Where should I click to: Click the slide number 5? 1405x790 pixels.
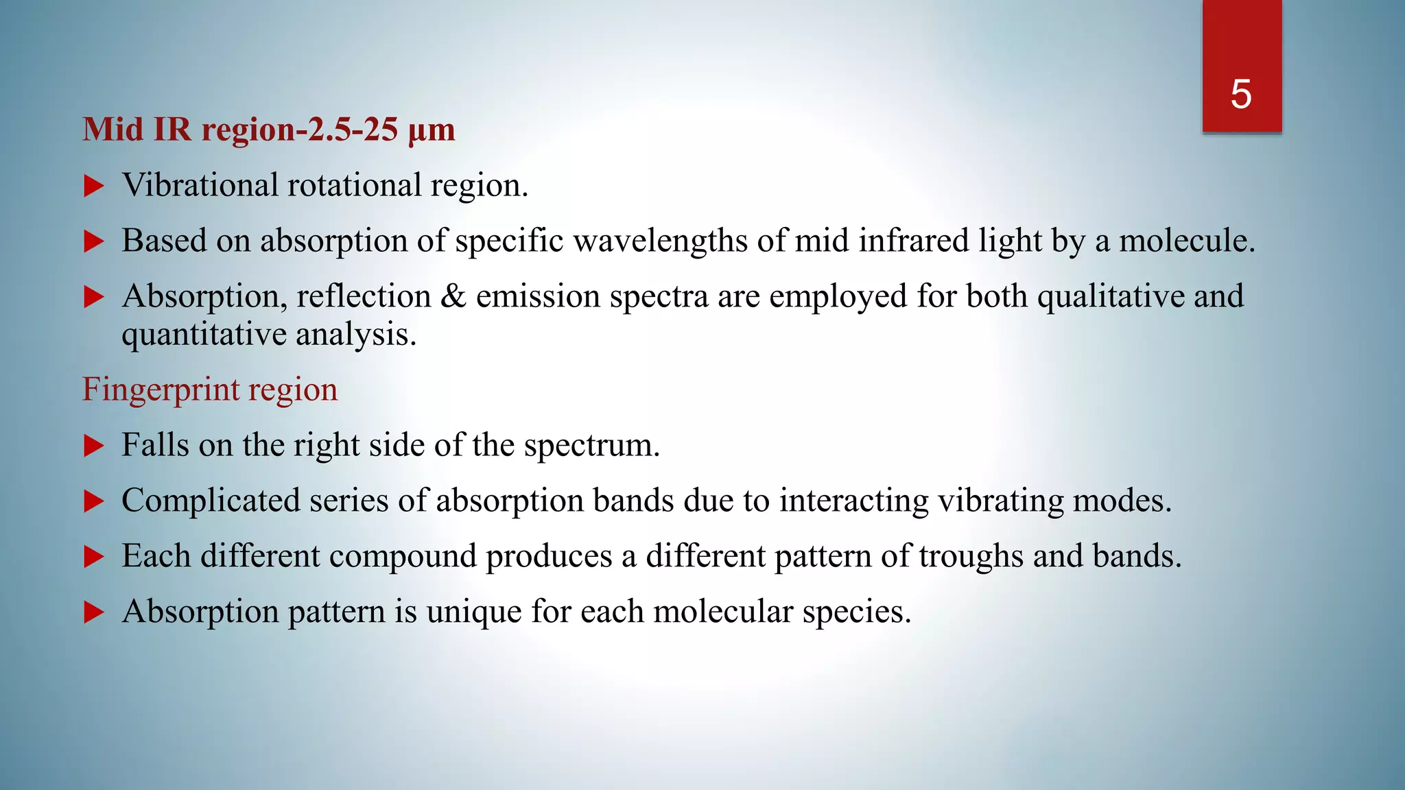pyautogui.click(x=1241, y=94)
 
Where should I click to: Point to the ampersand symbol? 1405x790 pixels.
pyautogui.click(x=453, y=296)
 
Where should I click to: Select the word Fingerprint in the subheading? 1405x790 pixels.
pyautogui.click(x=161, y=390)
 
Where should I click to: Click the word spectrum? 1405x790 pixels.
pyautogui.click(x=591, y=446)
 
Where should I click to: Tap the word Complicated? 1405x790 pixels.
pyautogui.click(x=211, y=501)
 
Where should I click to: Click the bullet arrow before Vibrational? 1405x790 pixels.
pyautogui.click(x=93, y=186)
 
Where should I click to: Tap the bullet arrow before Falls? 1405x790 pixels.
pyautogui.click(x=93, y=446)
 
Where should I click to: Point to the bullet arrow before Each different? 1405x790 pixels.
pyautogui.click(x=93, y=557)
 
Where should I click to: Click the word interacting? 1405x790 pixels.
pyautogui.click(x=853, y=501)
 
